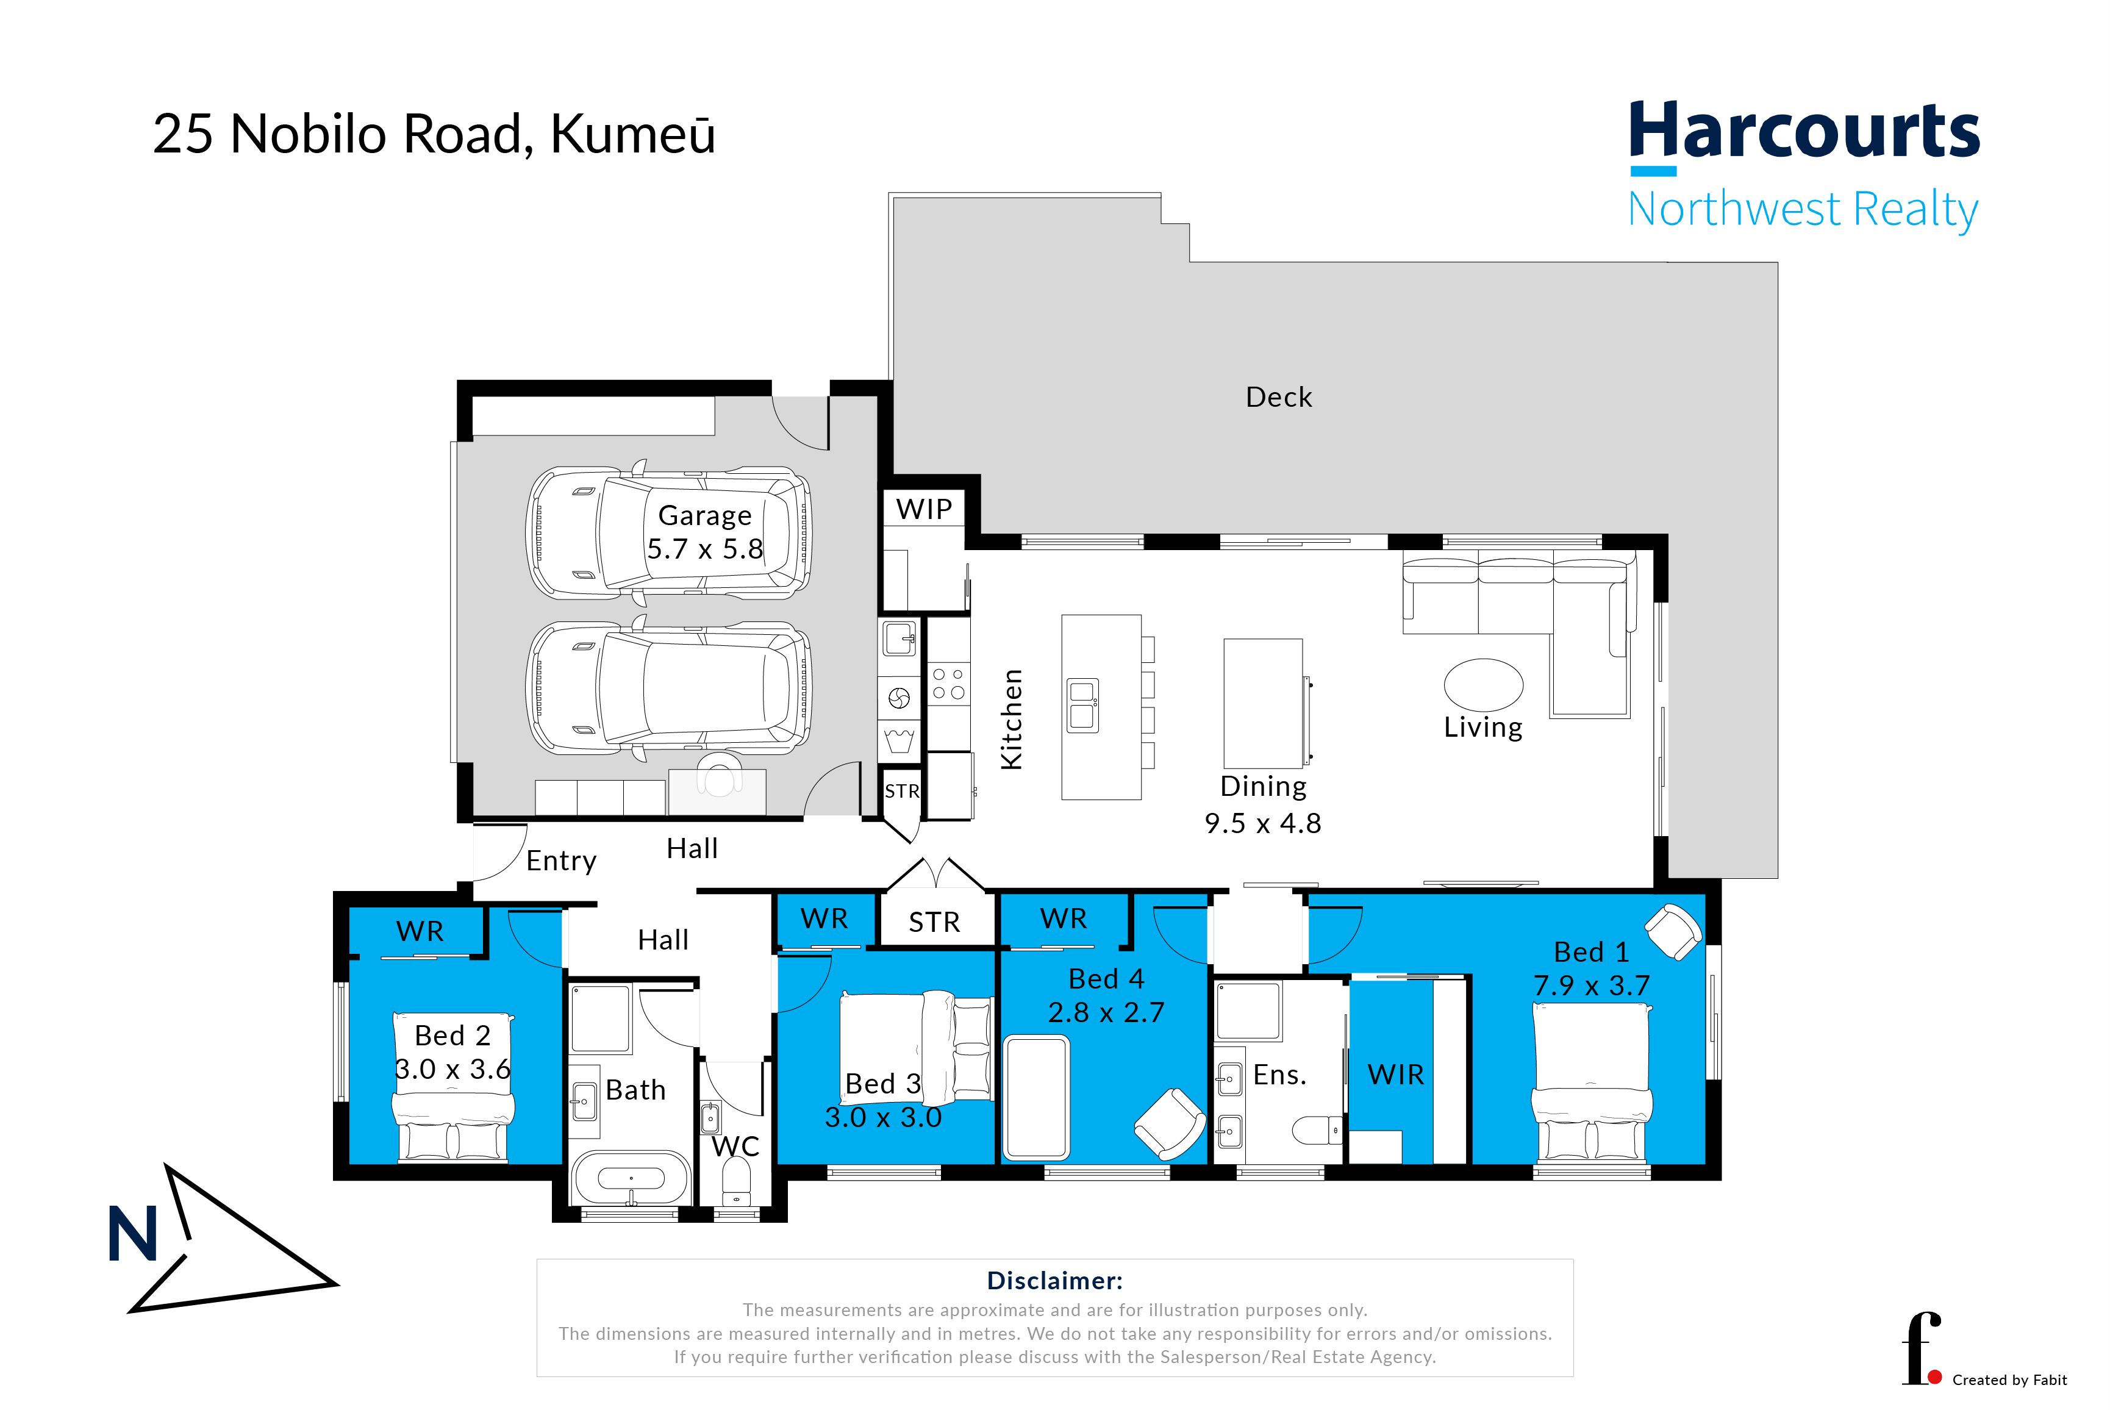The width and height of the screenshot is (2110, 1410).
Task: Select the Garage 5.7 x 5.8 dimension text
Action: [705, 548]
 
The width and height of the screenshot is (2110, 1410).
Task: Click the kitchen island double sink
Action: [1082, 705]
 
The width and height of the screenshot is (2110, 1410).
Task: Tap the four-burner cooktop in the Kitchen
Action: [948, 684]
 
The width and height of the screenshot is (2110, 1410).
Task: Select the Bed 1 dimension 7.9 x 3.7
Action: [1591, 986]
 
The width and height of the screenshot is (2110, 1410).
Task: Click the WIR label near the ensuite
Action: [1395, 1075]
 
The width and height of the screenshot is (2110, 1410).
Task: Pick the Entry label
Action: [561, 861]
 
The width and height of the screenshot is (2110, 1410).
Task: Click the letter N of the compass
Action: [133, 1234]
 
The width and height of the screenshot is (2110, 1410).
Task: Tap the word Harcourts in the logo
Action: [1804, 131]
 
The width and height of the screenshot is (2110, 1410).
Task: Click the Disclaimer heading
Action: [1054, 1281]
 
